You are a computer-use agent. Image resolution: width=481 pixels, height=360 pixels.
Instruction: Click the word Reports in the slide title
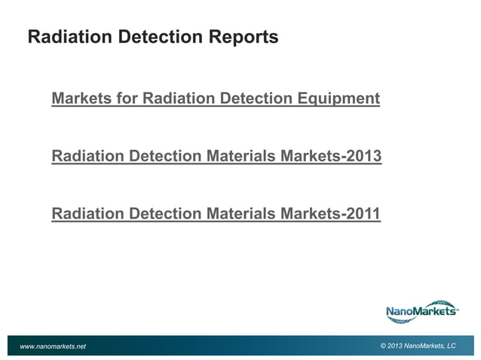243,36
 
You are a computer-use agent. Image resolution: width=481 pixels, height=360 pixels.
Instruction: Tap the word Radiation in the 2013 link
87,157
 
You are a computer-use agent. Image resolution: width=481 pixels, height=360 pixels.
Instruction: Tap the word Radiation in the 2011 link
87,215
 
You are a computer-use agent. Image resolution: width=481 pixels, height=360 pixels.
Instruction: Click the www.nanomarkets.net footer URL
53,346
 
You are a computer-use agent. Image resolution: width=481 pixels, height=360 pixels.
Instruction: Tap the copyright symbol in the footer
384,346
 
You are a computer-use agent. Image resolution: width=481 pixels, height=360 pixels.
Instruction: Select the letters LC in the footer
451,346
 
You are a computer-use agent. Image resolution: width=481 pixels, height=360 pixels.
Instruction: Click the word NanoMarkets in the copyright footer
424,346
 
